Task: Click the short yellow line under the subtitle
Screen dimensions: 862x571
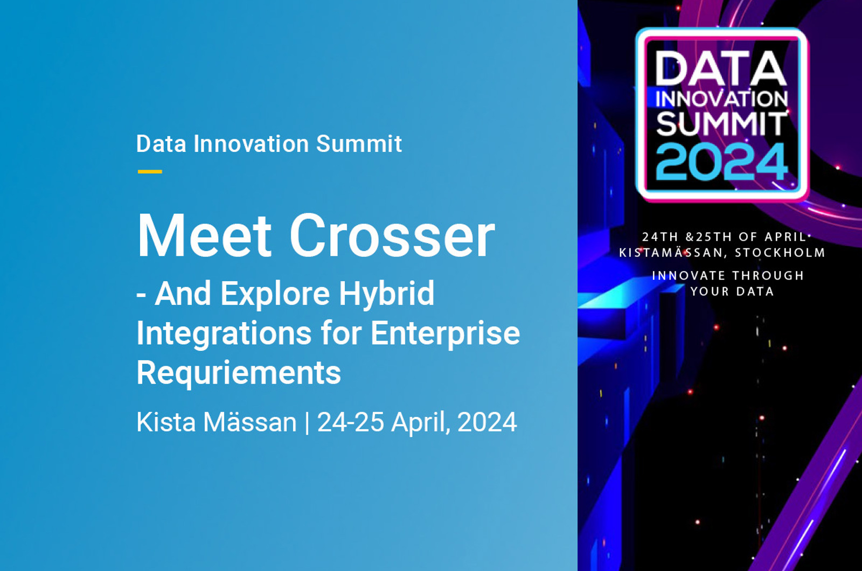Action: tap(150, 172)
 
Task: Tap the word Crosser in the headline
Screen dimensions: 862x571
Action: tap(392, 235)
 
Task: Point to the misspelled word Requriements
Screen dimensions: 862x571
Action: tap(239, 372)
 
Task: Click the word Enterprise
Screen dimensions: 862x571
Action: tap(445, 333)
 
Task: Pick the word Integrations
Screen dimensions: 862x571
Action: tap(224, 333)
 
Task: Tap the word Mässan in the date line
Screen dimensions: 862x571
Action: tap(250, 422)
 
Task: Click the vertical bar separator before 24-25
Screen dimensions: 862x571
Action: tap(307, 422)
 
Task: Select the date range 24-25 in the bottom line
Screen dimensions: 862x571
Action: tap(351, 422)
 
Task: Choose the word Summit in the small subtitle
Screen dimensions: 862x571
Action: tap(359, 144)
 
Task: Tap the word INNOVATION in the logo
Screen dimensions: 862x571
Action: tap(721, 99)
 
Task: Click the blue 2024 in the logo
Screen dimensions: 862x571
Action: tap(722, 161)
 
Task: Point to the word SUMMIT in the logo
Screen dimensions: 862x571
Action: tap(721, 123)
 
